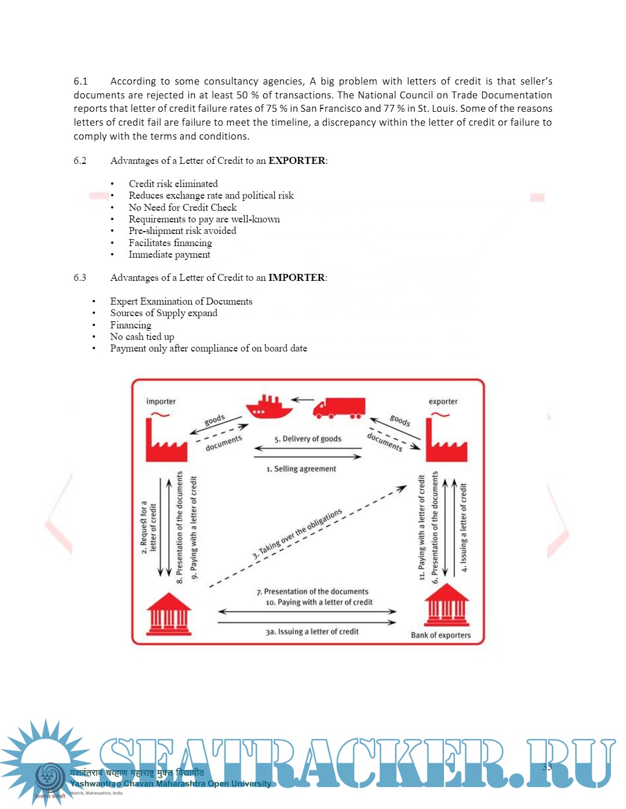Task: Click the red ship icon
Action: click(x=269, y=407)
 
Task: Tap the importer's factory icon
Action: click(x=166, y=440)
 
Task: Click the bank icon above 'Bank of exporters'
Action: click(x=446, y=606)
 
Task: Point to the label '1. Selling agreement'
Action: click(x=301, y=468)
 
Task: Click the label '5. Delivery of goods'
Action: click(x=308, y=439)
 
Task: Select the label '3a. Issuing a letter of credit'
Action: click(x=312, y=631)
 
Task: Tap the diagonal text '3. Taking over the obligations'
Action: click(x=297, y=533)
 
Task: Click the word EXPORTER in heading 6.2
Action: click(x=297, y=160)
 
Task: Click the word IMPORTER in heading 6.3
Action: click(x=296, y=277)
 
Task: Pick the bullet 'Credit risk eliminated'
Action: click(x=173, y=184)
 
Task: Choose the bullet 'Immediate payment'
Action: click(x=169, y=254)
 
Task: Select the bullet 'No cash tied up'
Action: click(x=142, y=336)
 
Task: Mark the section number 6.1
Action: click(x=81, y=81)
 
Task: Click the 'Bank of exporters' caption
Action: click(x=441, y=635)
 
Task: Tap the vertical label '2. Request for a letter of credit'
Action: click(x=148, y=527)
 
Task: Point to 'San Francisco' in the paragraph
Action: click(x=330, y=108)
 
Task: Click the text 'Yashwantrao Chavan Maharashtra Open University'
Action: click(x=170, y=784)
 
